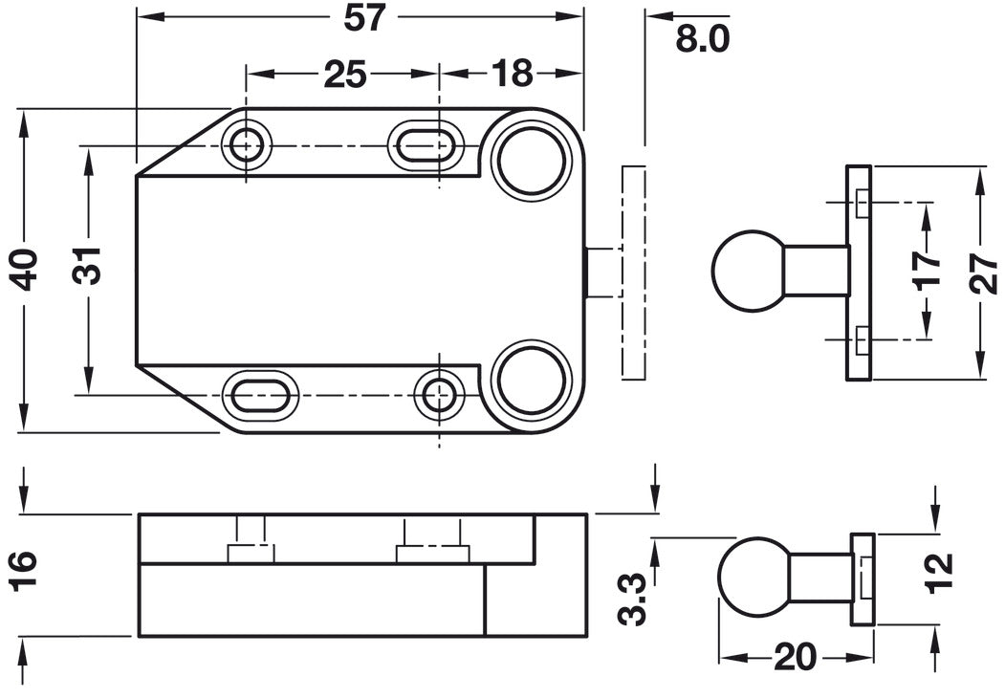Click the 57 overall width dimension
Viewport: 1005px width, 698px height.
[364, 17]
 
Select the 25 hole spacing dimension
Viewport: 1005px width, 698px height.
[345, 74]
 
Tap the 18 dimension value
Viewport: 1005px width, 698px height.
[513, 74]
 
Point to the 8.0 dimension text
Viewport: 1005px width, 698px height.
[703, 39]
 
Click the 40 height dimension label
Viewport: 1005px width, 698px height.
[27, 269]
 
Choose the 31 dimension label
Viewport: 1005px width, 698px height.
[86, 265]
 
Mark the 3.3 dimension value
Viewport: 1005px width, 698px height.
[633, 599]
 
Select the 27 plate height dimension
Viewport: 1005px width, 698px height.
[984, 273]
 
